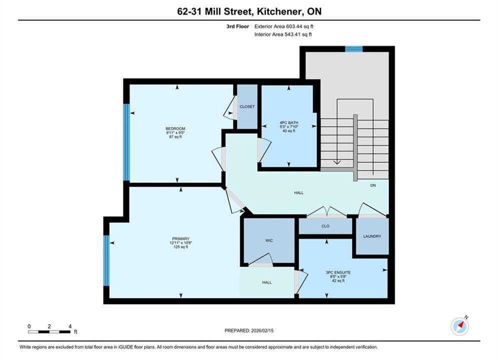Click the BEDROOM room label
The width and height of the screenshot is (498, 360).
coord(175,128)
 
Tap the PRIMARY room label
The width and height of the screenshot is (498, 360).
coord(181,238)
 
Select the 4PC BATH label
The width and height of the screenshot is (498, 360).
coord(289,122)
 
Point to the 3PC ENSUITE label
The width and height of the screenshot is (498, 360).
coord(338,272)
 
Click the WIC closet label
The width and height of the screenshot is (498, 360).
coord(269,240)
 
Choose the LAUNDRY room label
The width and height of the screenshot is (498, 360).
coord(372,236)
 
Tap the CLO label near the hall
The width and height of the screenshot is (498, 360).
coord(325,226)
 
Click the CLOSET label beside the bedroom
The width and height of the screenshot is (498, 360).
coord(247,106)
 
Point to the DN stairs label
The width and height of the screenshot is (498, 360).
coord(373,185)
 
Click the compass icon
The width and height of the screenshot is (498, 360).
coord(459,326)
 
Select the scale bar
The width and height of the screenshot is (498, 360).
coord(49,332)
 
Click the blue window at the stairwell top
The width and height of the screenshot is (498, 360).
coord(354,49)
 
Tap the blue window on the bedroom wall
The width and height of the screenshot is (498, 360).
coord(127,142)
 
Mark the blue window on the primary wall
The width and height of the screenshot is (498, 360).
coord(107,260)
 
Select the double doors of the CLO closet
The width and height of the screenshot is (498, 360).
coord(327,211)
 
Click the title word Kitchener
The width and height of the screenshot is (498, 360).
coord(279,11)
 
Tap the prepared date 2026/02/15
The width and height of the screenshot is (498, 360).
coord(262,330)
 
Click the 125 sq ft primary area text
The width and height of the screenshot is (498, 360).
coord(181,247)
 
